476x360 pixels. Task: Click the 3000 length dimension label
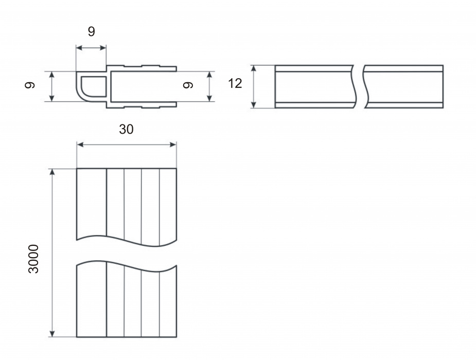33,259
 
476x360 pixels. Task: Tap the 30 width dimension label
126,129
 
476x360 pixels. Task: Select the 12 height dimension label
235,83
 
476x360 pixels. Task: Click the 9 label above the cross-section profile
92,31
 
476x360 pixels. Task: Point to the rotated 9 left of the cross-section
30,85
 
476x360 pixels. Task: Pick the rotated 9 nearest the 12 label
188,85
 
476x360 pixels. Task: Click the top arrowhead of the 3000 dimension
52,172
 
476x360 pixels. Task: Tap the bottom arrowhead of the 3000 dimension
52,333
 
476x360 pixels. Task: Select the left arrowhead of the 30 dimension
80,145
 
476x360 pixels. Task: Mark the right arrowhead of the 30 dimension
173,145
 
